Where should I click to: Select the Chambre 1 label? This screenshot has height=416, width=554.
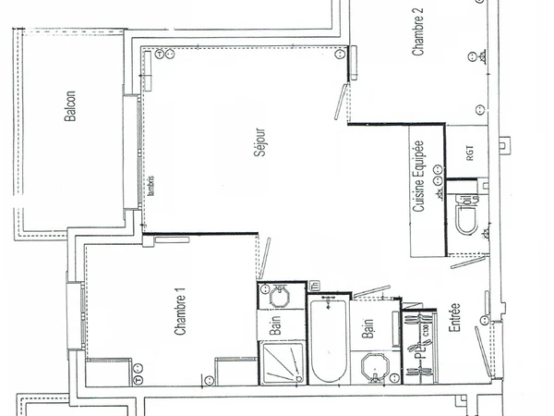pyautogui.click(x=182, y=312)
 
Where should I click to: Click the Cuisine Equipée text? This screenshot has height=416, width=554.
pyautogui.click(x=419, y=179)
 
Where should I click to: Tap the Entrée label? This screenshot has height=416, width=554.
pyautogui.click(x=455, y=320)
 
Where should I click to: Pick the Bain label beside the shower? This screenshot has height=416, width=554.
pyautogui.click(x=275, y=324)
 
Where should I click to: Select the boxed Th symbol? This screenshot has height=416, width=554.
pyautogui.click(x=314, y=285)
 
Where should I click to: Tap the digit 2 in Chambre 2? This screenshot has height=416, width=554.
pyautogui.click(x=418, y=12)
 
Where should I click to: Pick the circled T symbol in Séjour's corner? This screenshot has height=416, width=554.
pyautogui.click(x=159, y=55)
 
